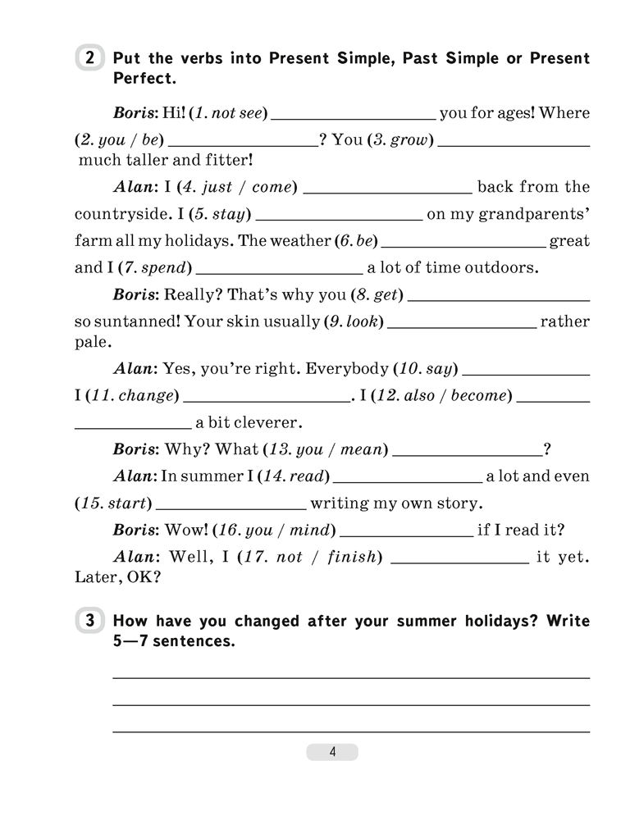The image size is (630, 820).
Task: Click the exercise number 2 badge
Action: [89, 59]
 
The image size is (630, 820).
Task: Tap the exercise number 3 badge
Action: [89, 622]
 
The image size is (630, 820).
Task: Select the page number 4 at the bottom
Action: [332, 752]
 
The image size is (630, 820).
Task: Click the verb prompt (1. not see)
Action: [226, 113]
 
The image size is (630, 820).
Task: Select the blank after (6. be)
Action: [463, 243]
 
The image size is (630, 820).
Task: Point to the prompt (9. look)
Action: [353, 322]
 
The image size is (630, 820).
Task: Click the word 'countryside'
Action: [121, 216]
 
